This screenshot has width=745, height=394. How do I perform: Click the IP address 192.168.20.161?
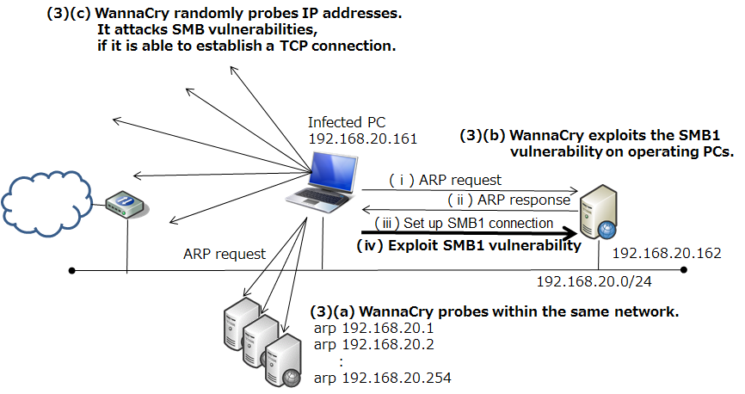[x=361, y=138]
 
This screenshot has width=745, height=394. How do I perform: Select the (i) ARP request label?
[x=443, y=181]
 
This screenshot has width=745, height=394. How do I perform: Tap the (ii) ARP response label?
[x=508, y=200]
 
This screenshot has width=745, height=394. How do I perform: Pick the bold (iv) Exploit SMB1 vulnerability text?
[x=465, y=245]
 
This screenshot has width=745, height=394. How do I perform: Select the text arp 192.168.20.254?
[x=384, y=377]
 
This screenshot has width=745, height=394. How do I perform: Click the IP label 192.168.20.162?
[x=668, y=255]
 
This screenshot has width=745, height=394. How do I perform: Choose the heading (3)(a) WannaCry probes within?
[x=495, y=311]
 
